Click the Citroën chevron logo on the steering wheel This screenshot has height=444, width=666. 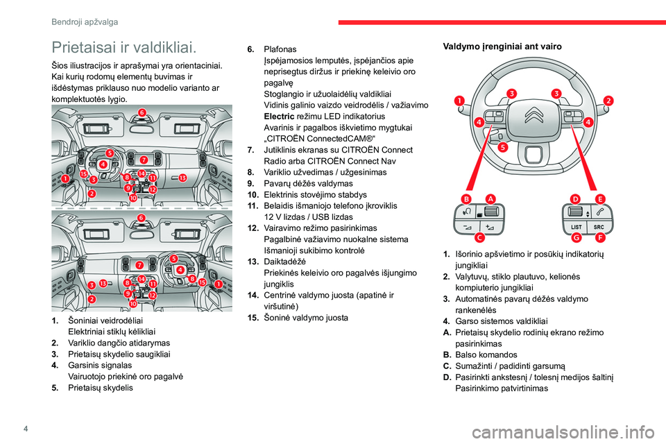533,114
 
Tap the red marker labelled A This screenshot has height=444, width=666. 490,198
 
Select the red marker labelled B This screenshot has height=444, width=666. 466,198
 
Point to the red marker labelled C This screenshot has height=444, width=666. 479,237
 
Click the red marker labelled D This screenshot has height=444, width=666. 575,198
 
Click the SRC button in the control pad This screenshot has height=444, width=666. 599,227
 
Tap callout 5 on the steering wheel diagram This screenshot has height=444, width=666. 503,147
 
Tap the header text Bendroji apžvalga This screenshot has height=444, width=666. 84,22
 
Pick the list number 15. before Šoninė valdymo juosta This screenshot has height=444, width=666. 253,318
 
